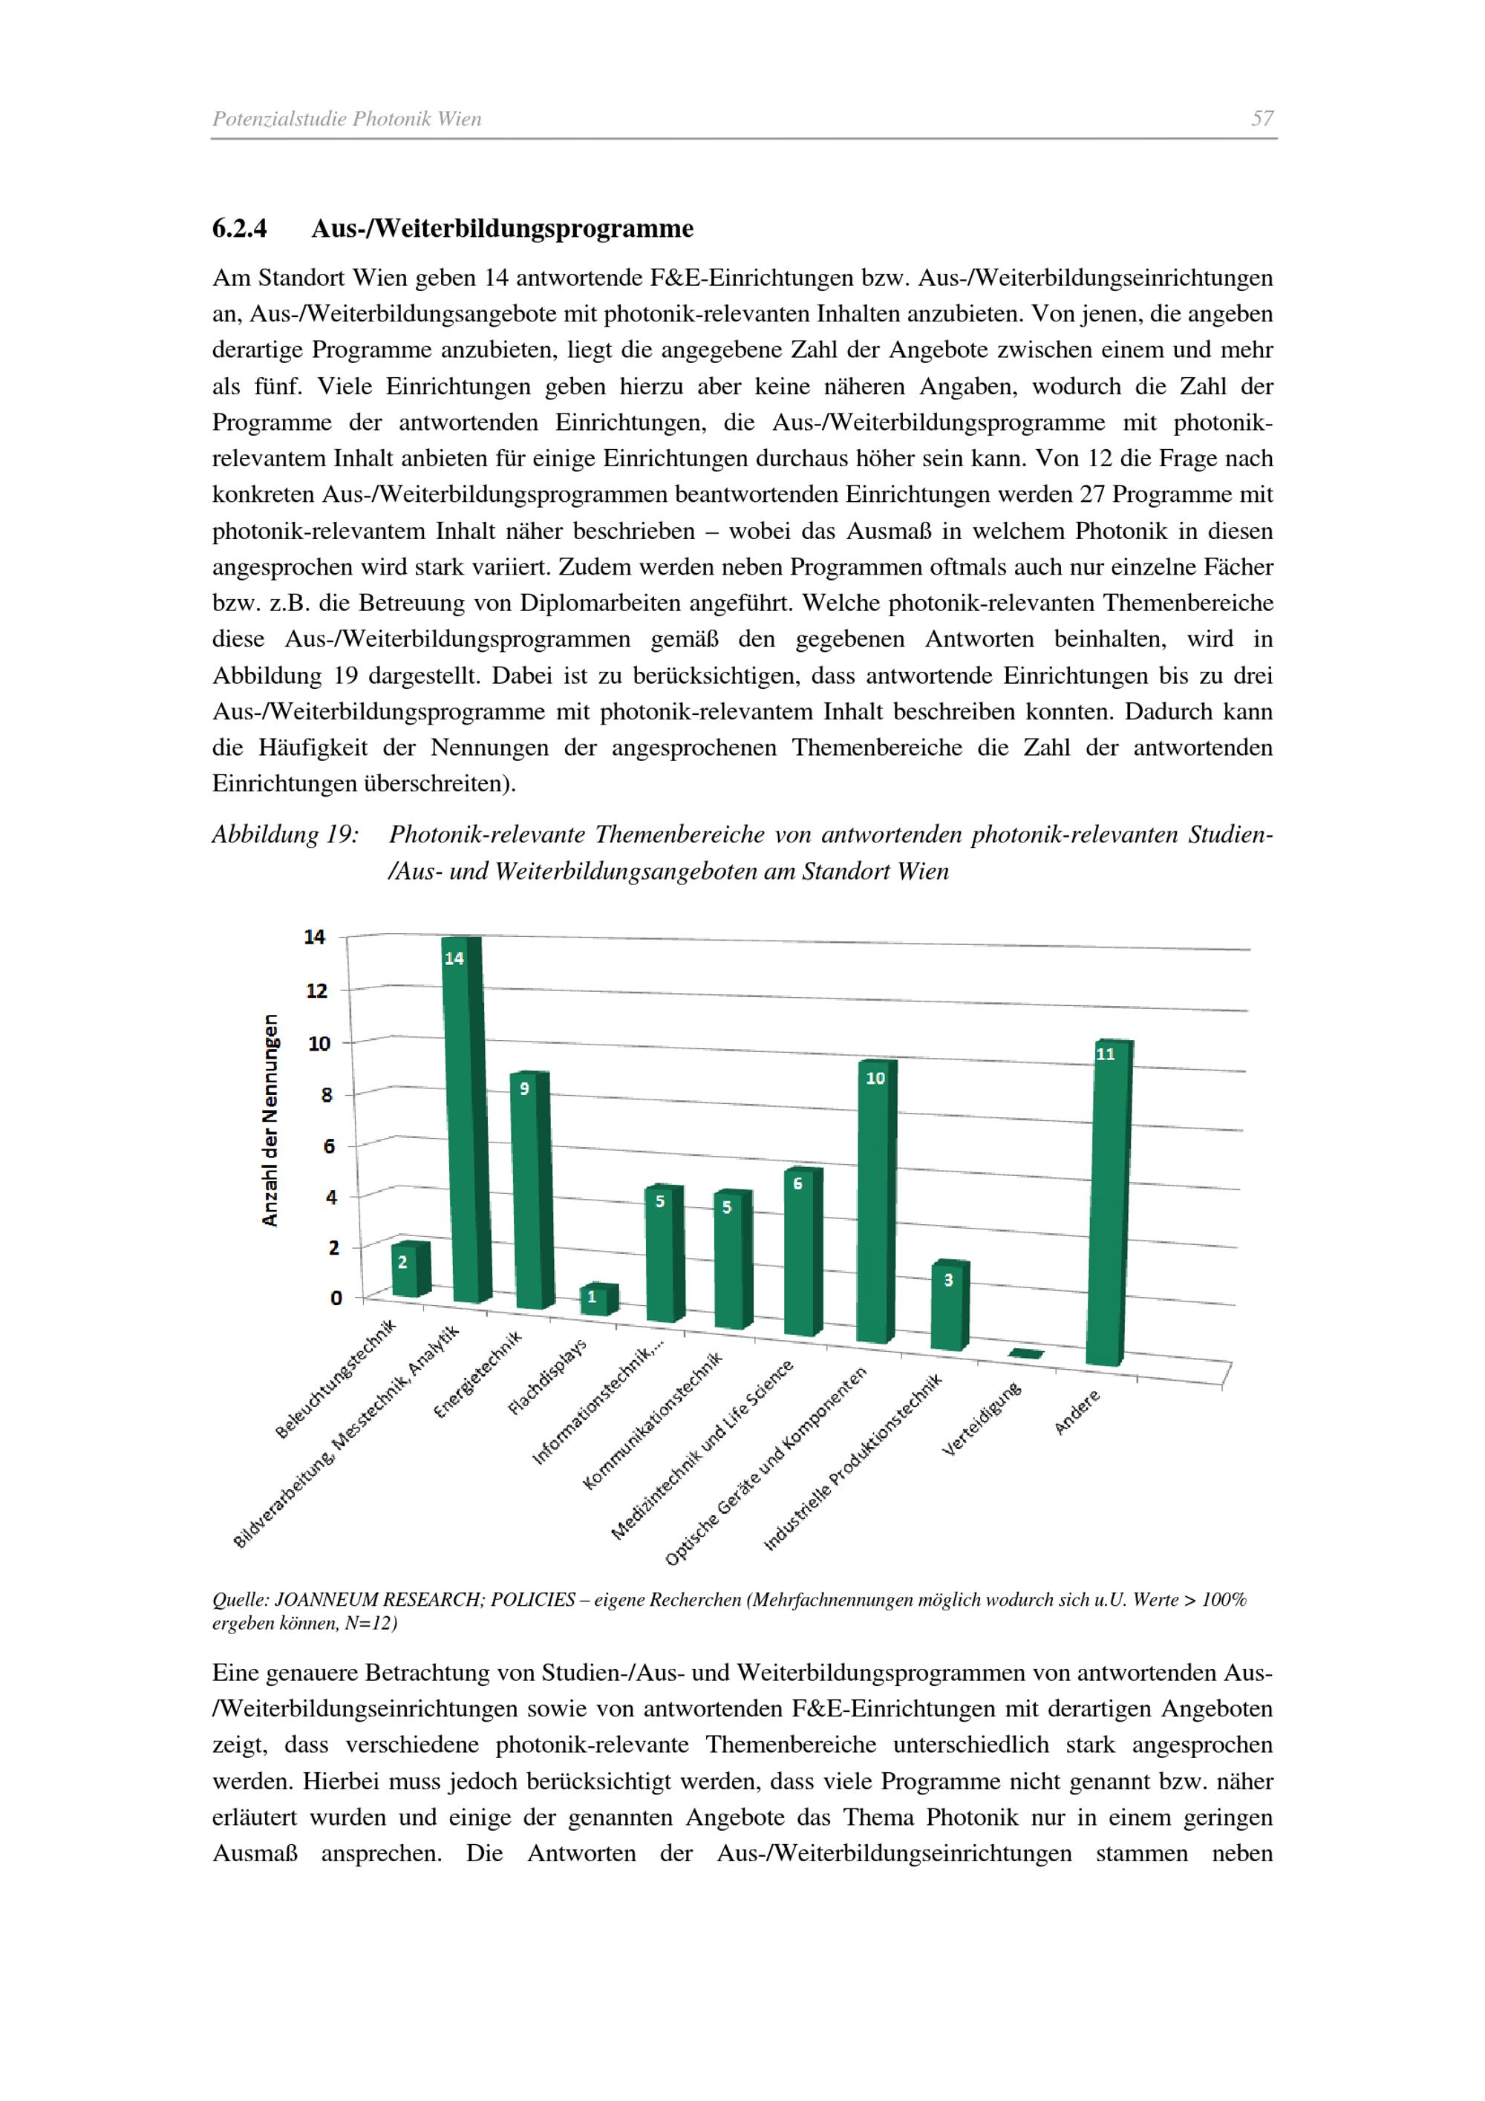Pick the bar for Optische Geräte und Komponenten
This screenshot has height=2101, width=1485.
875,1203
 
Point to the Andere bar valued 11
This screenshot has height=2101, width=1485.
1109,1203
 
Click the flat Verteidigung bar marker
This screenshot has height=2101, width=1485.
1025,1353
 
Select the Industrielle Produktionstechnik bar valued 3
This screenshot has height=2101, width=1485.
949,1306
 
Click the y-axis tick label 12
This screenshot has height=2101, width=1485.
316,990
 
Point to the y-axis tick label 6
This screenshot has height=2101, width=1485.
327,1146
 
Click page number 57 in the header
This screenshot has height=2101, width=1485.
1262,118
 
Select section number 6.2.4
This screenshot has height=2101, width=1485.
240,228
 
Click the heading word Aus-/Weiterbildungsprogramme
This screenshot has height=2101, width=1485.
503,228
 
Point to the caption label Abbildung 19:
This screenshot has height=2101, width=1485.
285,834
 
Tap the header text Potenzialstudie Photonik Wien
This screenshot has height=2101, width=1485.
347,119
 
